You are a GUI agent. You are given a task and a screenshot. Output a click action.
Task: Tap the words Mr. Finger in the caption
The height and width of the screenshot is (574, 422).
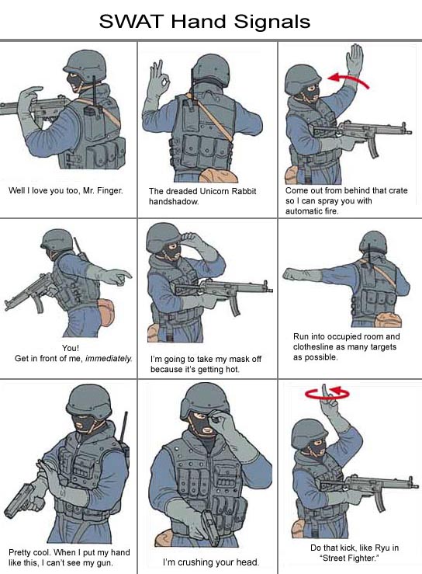(x=103, y=190)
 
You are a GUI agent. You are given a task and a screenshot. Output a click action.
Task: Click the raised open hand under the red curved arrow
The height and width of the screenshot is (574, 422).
(x=354, y=60)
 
